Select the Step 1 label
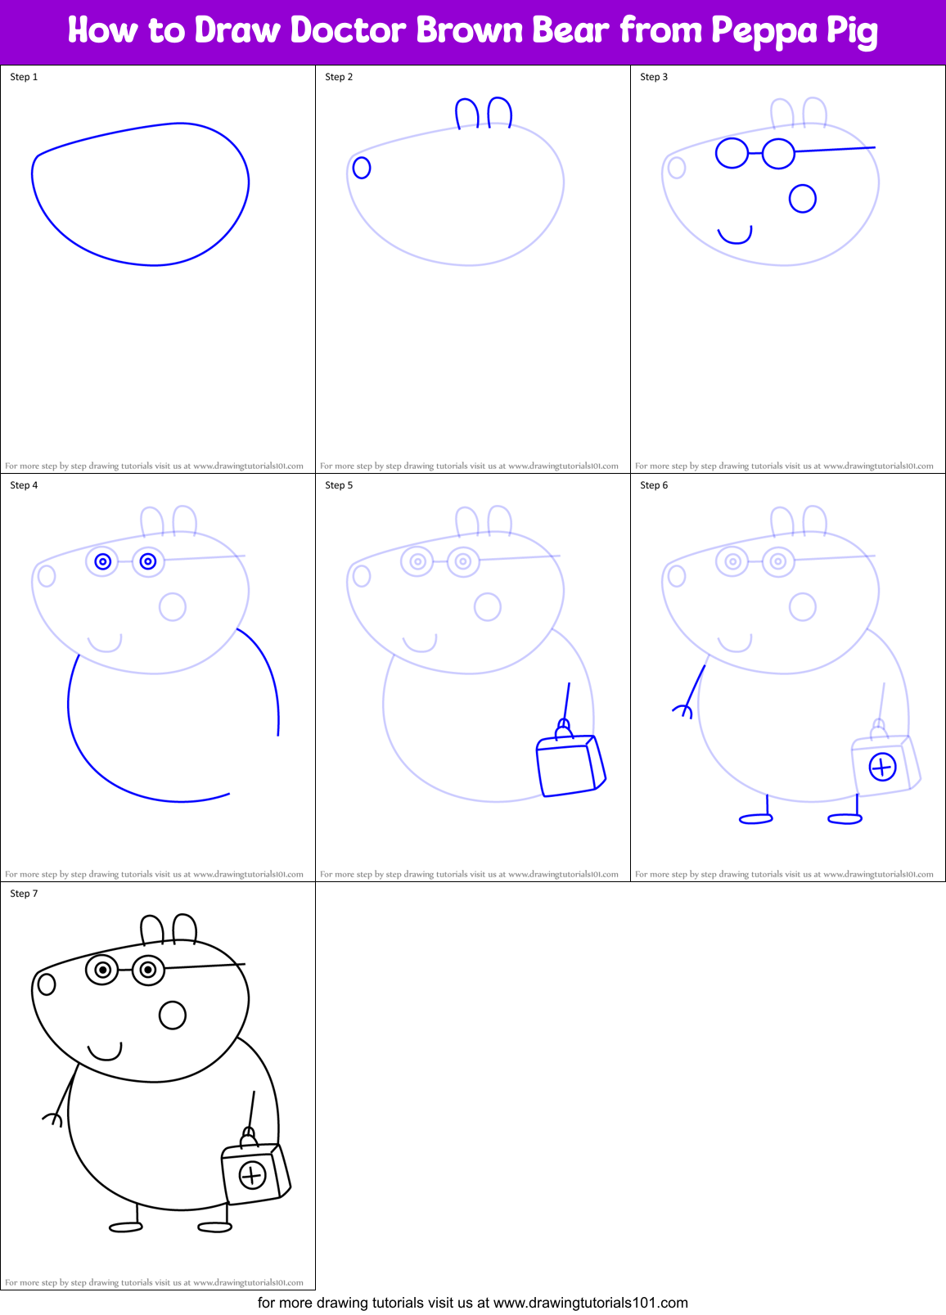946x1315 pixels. coord(24,77)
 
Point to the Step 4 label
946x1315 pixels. coord(24,485)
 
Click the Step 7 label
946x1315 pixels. coord(24,894)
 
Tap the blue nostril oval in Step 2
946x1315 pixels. coord(362,168)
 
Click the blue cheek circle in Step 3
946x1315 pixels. coord(803,199)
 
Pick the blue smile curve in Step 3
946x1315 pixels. coord(734,236)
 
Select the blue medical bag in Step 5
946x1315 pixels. coord(570,764)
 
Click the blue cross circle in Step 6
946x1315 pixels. coord(882,768)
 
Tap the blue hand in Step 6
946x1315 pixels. coord(683,710)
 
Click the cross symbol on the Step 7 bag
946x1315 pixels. coord(252,1176)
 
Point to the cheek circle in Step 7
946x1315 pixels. coord(173,1016)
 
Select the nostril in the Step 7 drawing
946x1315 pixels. coord(47,984)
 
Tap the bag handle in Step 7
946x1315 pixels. coord(248,1137)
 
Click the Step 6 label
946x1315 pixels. coord(654,485)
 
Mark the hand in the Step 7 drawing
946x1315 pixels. coord(53,1118)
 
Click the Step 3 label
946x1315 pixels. coord(654,77)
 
